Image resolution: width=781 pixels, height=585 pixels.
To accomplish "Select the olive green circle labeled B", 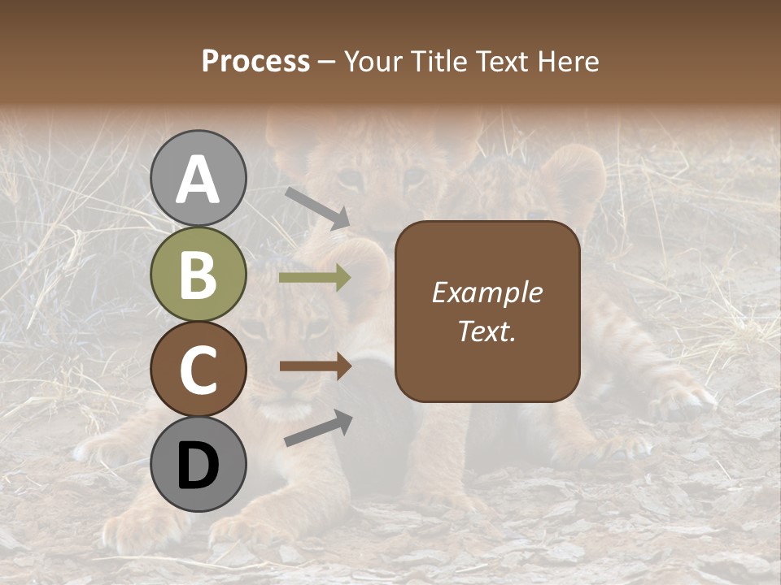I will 198,275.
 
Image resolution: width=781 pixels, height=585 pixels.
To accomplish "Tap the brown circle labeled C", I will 198,370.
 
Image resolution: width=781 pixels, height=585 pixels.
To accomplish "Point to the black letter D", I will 198,465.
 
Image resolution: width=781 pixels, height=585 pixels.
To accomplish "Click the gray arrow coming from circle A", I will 317,208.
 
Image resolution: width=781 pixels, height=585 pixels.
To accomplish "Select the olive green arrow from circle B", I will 315,278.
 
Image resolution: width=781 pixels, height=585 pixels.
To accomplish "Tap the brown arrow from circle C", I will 315,366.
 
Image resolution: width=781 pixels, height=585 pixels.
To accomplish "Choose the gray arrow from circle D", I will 318,427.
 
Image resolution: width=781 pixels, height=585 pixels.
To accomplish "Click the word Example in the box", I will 487,292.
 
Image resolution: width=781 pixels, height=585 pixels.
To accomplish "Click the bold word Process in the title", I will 255,61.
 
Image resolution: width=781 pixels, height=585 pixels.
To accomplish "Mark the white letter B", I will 198,275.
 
